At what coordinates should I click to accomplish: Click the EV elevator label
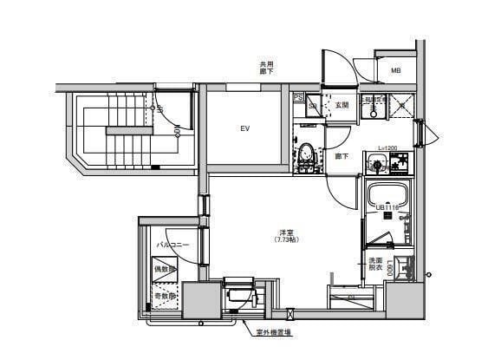[x=245, y=129]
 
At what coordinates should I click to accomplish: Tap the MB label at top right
[x=395, y=71]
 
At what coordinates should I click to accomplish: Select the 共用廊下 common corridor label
[x=267, y=68]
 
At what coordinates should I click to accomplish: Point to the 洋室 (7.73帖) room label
[x=284, y=234]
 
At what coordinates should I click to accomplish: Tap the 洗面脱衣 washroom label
[x=375, y=265]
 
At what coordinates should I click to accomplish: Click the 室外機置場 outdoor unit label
[x=273, y=331]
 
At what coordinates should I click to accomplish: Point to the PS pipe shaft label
[x=297, y=97]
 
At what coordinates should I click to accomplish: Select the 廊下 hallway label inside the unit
[x=342, y=157]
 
